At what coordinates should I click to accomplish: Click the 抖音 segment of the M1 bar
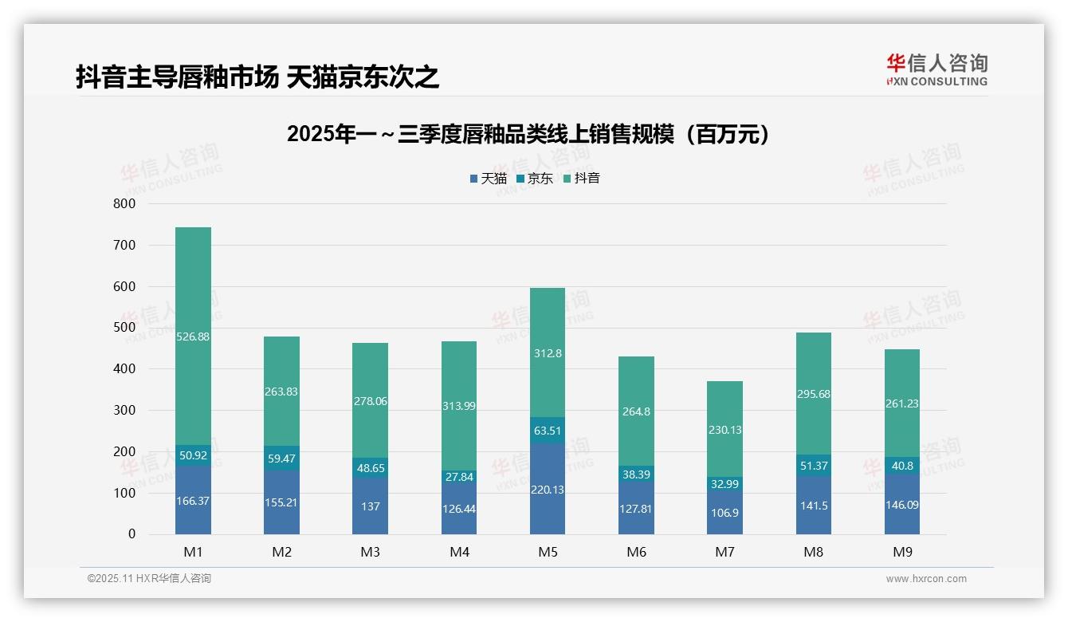pyautogui.click(x=193, y=336)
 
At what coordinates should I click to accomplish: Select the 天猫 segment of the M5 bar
pyautogui.click(x=547, y=489)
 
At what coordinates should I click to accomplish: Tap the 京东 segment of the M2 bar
pyautogui.click(x=281, y=459)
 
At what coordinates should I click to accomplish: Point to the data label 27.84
pyautogui.click(x=458, y=477)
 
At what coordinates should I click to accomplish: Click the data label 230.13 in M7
pyautogui.click(x=724, y=430)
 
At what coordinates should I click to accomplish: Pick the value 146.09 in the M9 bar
pyautogui.click(x=901, y=505)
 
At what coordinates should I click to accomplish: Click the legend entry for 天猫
pyautogui.click(x=488, y=179)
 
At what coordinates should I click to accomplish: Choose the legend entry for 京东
pyautogui.click(x=535, y=179)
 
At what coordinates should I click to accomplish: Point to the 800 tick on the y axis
pyautogui.click(x=124, y=204)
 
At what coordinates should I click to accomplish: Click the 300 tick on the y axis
pyautogui.click(x=124, y=410)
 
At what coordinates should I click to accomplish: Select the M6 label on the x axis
pyautogui.click(x=636, y=552)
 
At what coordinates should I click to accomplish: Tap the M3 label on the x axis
pyautogui.click(x=370, y=552)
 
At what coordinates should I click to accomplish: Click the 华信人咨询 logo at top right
pyautogui.click(x=936, y=69)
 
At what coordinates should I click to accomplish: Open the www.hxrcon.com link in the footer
pyautogui.click(x=926, y=579)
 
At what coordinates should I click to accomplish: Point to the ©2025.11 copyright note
pyautogui.click(x=149, y=579)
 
